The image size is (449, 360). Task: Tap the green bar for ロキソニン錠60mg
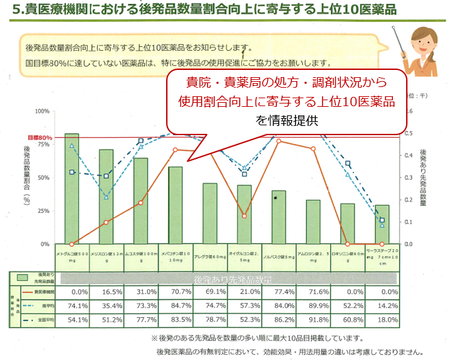347,224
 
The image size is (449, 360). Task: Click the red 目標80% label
40,137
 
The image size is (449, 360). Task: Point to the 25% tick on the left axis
44,211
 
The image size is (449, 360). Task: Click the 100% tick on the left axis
42,111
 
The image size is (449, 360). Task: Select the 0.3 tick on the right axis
409,177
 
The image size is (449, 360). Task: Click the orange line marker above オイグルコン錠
244,216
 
